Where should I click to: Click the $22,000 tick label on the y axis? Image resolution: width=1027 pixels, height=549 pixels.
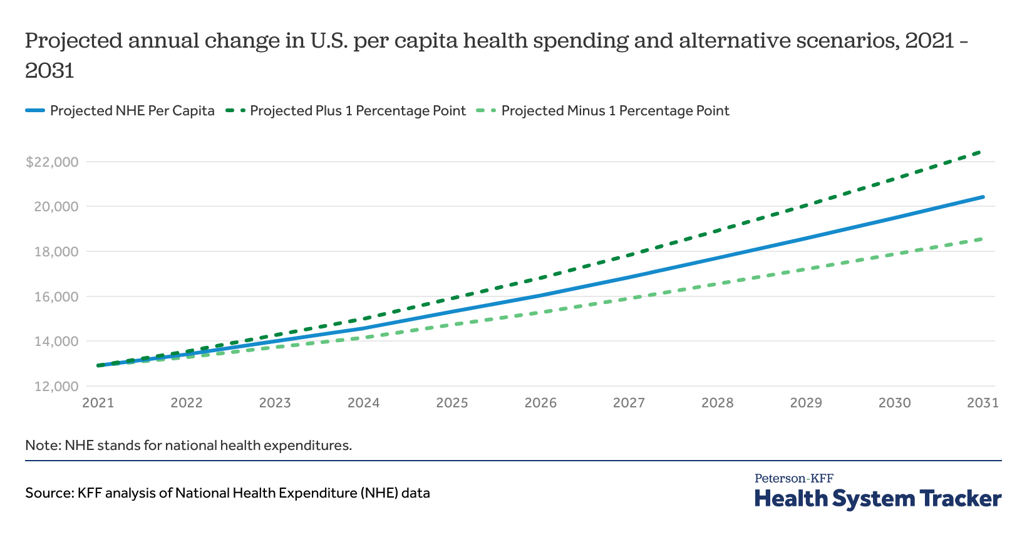coord(52,162)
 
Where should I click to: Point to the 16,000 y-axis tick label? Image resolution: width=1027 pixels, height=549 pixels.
coord(56,296)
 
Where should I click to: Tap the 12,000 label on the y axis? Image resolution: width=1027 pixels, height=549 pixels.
coord(56,387)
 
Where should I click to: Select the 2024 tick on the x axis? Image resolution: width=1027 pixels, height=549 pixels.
coord(363,403)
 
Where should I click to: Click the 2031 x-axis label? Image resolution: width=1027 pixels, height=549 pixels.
coord(983,403)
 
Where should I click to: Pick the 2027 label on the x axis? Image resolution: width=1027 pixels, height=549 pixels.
coord(629,403)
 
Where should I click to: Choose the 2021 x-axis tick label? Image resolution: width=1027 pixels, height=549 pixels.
coord(98,403)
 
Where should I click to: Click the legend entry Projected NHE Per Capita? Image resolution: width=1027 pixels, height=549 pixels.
coord(132,111)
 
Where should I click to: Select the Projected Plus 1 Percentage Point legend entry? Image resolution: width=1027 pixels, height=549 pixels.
coord(358,111)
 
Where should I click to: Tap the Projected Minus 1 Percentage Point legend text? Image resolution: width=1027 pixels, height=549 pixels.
coord(615,111)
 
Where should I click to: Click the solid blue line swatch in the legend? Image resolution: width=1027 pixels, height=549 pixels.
coord(35,111)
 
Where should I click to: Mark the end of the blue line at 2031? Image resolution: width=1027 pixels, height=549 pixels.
coord(983,197)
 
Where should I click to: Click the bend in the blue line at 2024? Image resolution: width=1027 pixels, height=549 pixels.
coord(363,328)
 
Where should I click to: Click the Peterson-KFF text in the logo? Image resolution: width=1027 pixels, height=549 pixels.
coord(793,478)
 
